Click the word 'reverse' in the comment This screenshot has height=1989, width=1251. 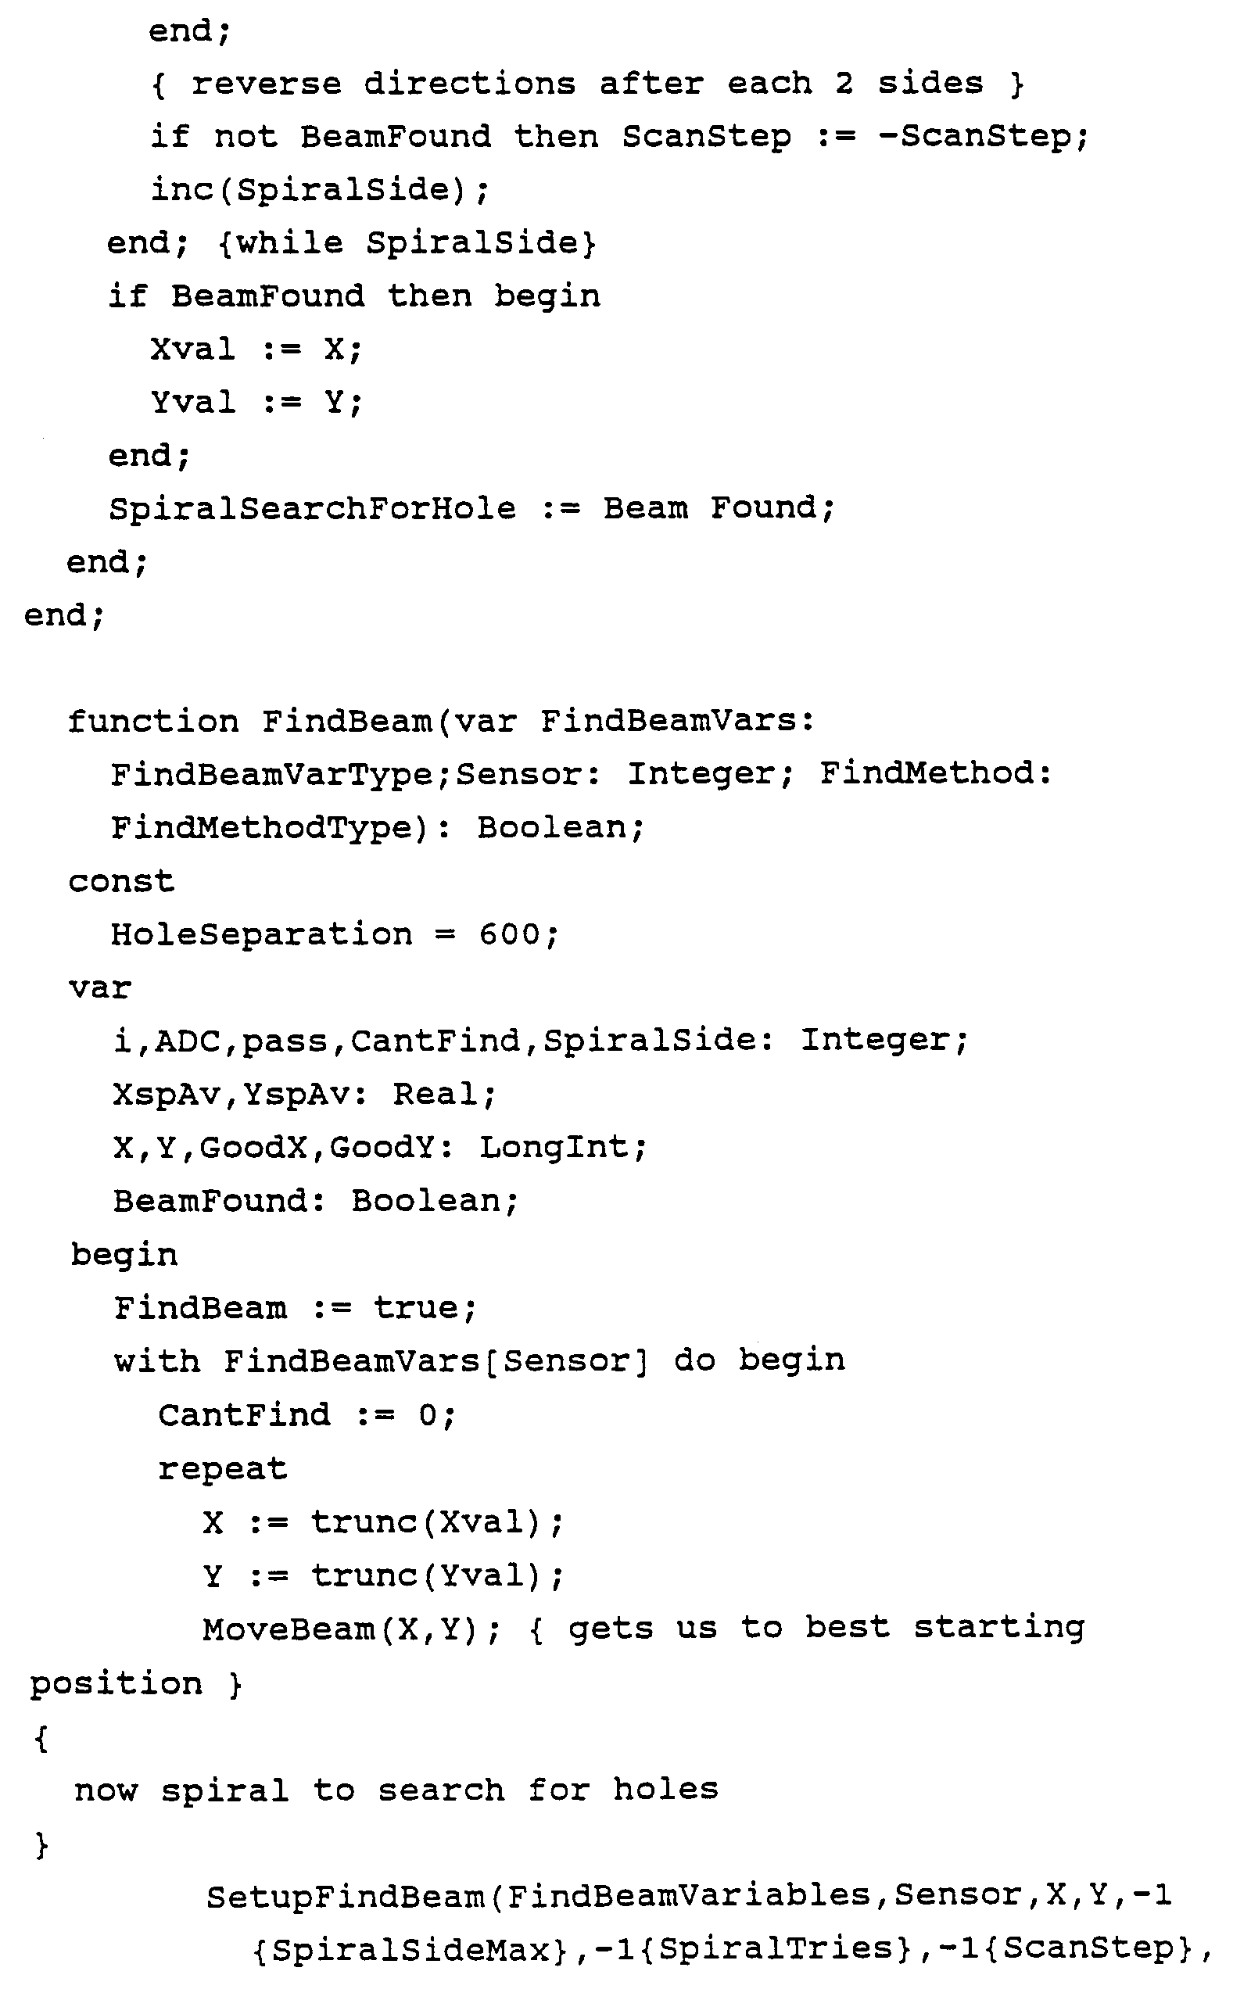tap(266, 84)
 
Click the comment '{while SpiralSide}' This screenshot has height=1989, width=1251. tap(407, 243)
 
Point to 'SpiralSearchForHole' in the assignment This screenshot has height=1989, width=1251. tap(312, 509)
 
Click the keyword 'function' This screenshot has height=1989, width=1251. tap(153, 722)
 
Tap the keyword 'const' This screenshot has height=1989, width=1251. tap(121, 881)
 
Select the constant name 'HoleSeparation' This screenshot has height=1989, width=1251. tap(261, 935)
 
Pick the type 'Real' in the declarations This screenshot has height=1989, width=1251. tap(435, 1095)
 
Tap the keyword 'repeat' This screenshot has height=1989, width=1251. tap(222, 1468)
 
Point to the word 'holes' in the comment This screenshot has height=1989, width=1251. tap(665, 1790)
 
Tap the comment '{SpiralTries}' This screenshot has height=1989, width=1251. tap(777, 1949)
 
